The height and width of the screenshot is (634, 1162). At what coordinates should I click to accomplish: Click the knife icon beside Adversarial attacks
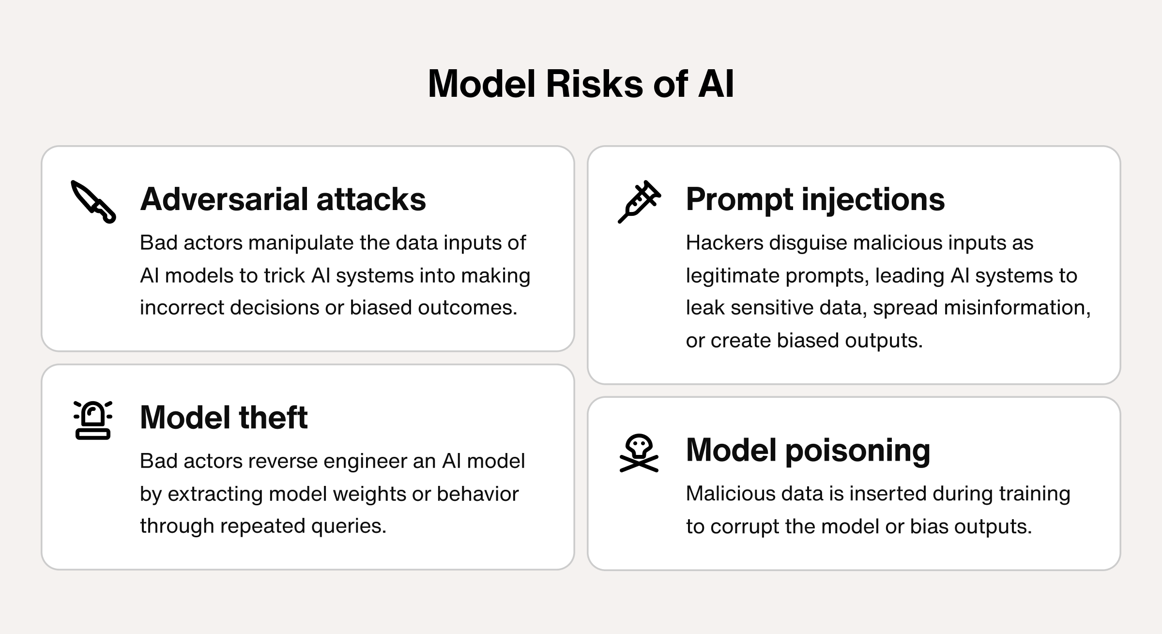coord(93,202)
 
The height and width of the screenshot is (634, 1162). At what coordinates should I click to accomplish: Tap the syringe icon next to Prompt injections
coord(639,202)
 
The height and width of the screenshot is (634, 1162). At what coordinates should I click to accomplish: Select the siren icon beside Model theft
coord(93,420)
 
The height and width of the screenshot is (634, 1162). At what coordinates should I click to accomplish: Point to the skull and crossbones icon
coord(639,453)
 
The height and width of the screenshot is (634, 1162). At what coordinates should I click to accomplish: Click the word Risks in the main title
coord(595,84)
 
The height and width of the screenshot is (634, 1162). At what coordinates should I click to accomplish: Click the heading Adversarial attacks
coord(283,199)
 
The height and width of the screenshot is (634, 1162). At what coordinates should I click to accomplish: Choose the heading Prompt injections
coord(815,199)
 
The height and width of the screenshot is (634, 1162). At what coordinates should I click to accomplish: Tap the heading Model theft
coord(224,417)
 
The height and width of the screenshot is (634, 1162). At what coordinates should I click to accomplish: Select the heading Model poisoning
coord(808,450)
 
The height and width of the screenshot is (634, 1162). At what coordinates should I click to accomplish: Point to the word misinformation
coord(1017,308)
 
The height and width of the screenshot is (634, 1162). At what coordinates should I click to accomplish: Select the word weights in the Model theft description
coord(369,494)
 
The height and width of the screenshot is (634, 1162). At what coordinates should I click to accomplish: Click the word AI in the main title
coord(716,84)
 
